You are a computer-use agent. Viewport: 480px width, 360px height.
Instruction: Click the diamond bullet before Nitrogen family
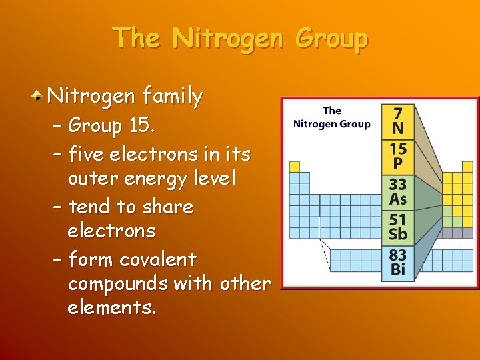point(40,96)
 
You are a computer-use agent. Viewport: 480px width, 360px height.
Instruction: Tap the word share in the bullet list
point(167,207)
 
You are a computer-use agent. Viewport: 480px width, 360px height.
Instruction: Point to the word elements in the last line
point(109,308)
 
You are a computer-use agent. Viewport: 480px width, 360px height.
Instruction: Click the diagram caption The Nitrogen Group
point(331,117)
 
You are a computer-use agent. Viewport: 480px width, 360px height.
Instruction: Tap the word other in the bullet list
point(243,284)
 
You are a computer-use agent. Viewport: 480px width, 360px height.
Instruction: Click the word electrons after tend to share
point(111,231)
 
